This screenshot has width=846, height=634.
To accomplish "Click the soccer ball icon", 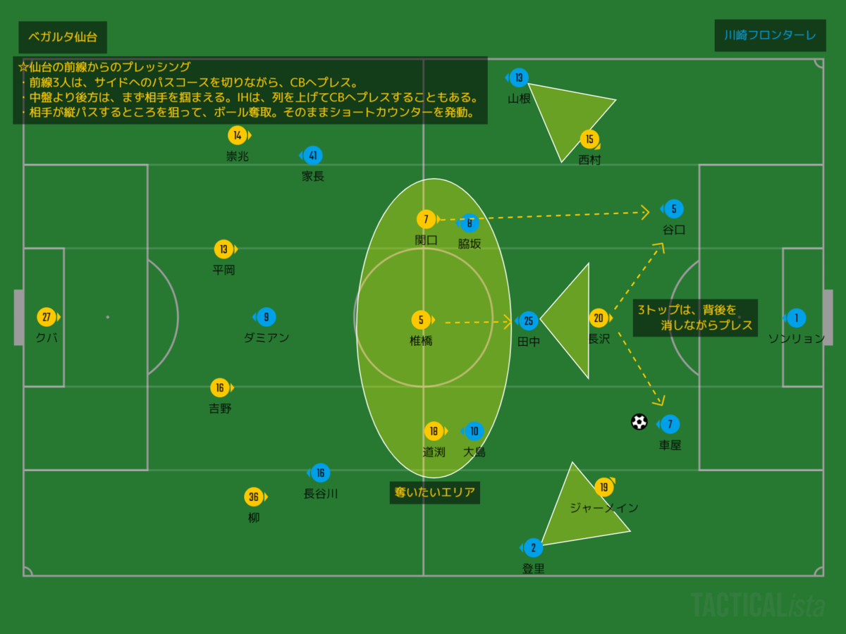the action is point(639,422).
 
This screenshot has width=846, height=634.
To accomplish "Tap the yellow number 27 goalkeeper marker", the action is point(47,317).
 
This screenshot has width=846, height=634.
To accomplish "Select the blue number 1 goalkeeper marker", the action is point(796,318).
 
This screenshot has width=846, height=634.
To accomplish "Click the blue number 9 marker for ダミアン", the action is point(266,317).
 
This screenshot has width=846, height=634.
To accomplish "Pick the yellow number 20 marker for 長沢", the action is point(599,318).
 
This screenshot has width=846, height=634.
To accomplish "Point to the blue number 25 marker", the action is point(529,321).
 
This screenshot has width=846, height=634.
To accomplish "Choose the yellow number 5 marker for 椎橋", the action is point(421,321).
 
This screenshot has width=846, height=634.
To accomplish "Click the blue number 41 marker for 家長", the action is point(312,156).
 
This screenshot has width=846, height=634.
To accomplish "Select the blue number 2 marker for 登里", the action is point(533,547).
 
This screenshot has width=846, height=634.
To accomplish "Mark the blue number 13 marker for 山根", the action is point(519,77).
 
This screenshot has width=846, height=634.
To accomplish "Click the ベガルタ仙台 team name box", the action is point(63,37).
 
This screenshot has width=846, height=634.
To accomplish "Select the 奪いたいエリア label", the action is point(434,492).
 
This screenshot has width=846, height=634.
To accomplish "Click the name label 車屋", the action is point(670,445).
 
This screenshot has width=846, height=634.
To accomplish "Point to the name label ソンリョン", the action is point(796,338).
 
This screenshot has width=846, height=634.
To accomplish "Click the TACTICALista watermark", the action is point(757,605).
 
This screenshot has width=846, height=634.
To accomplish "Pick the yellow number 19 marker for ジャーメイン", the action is point(603,487).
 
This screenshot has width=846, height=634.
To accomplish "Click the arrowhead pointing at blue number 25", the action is point(508,323).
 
